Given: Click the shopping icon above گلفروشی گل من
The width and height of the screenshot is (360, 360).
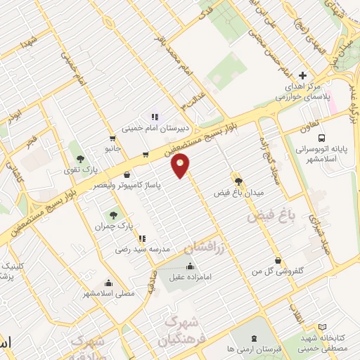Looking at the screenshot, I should (278, 259).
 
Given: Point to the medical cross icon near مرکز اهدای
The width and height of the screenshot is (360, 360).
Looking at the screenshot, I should (302, 75).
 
